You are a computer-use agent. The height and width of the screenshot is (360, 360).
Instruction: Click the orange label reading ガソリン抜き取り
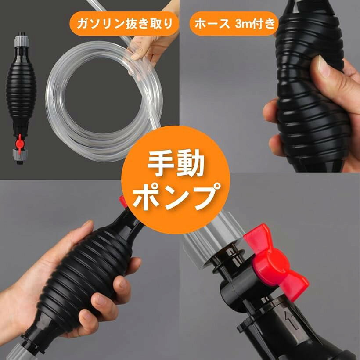(124, 24)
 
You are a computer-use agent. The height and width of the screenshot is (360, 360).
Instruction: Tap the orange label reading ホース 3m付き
(234, 24)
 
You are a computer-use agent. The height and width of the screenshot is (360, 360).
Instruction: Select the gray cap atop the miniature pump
(22, 41)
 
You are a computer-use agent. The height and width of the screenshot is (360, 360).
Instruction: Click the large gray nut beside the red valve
(213, 239)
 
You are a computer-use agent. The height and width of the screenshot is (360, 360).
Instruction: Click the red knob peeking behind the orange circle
(123, 202)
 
